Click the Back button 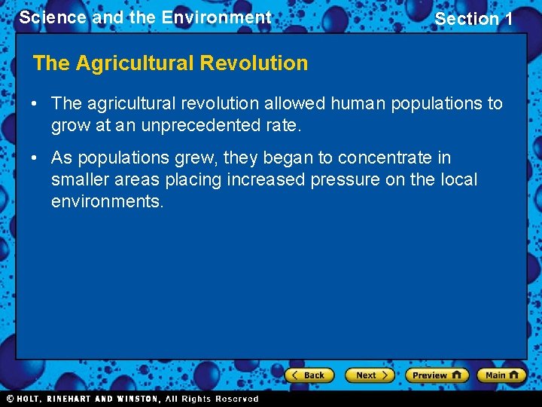pyautogui.click(x=309, y=375)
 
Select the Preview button pyautogui.click(x=437, y=375)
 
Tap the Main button pyautogui.click(x=501, y=375)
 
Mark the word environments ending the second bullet pyautogui.click(x=106, y=202)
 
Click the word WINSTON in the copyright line pyautogui.click(x=136, y=399)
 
